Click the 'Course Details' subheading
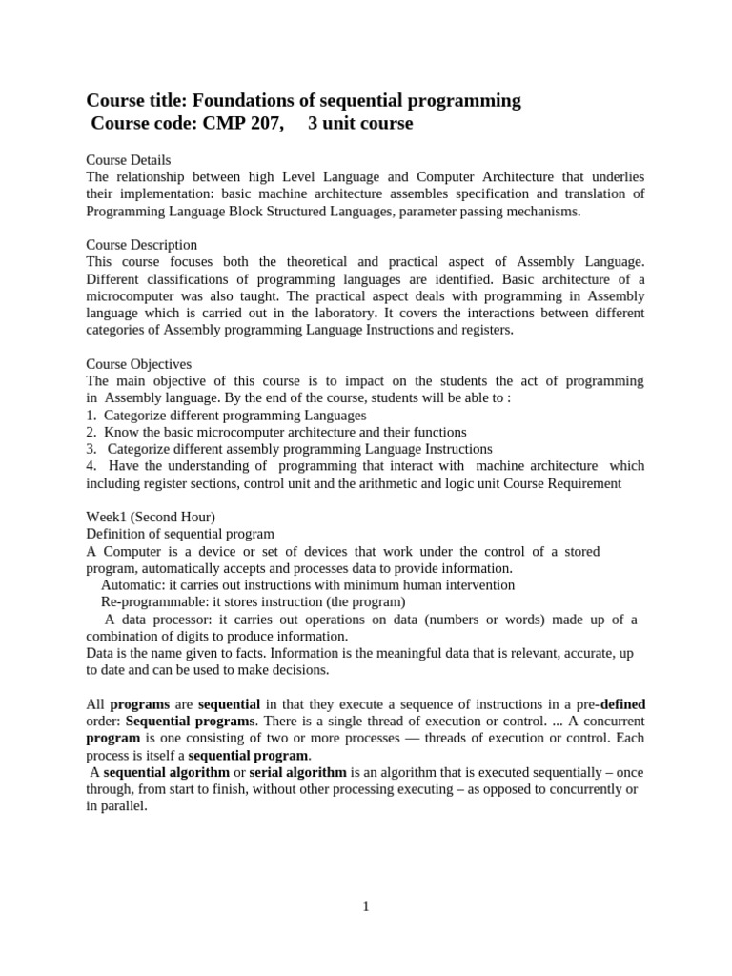(129, 160)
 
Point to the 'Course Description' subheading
(142, 245)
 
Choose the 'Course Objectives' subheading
(139, 364)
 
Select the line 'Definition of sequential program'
(180, 534)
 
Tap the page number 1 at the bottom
(366, 906)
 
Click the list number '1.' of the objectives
(91, 416)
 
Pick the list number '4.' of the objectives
(91, 466)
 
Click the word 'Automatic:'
(132, 585)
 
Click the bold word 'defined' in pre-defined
(623, 703)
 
